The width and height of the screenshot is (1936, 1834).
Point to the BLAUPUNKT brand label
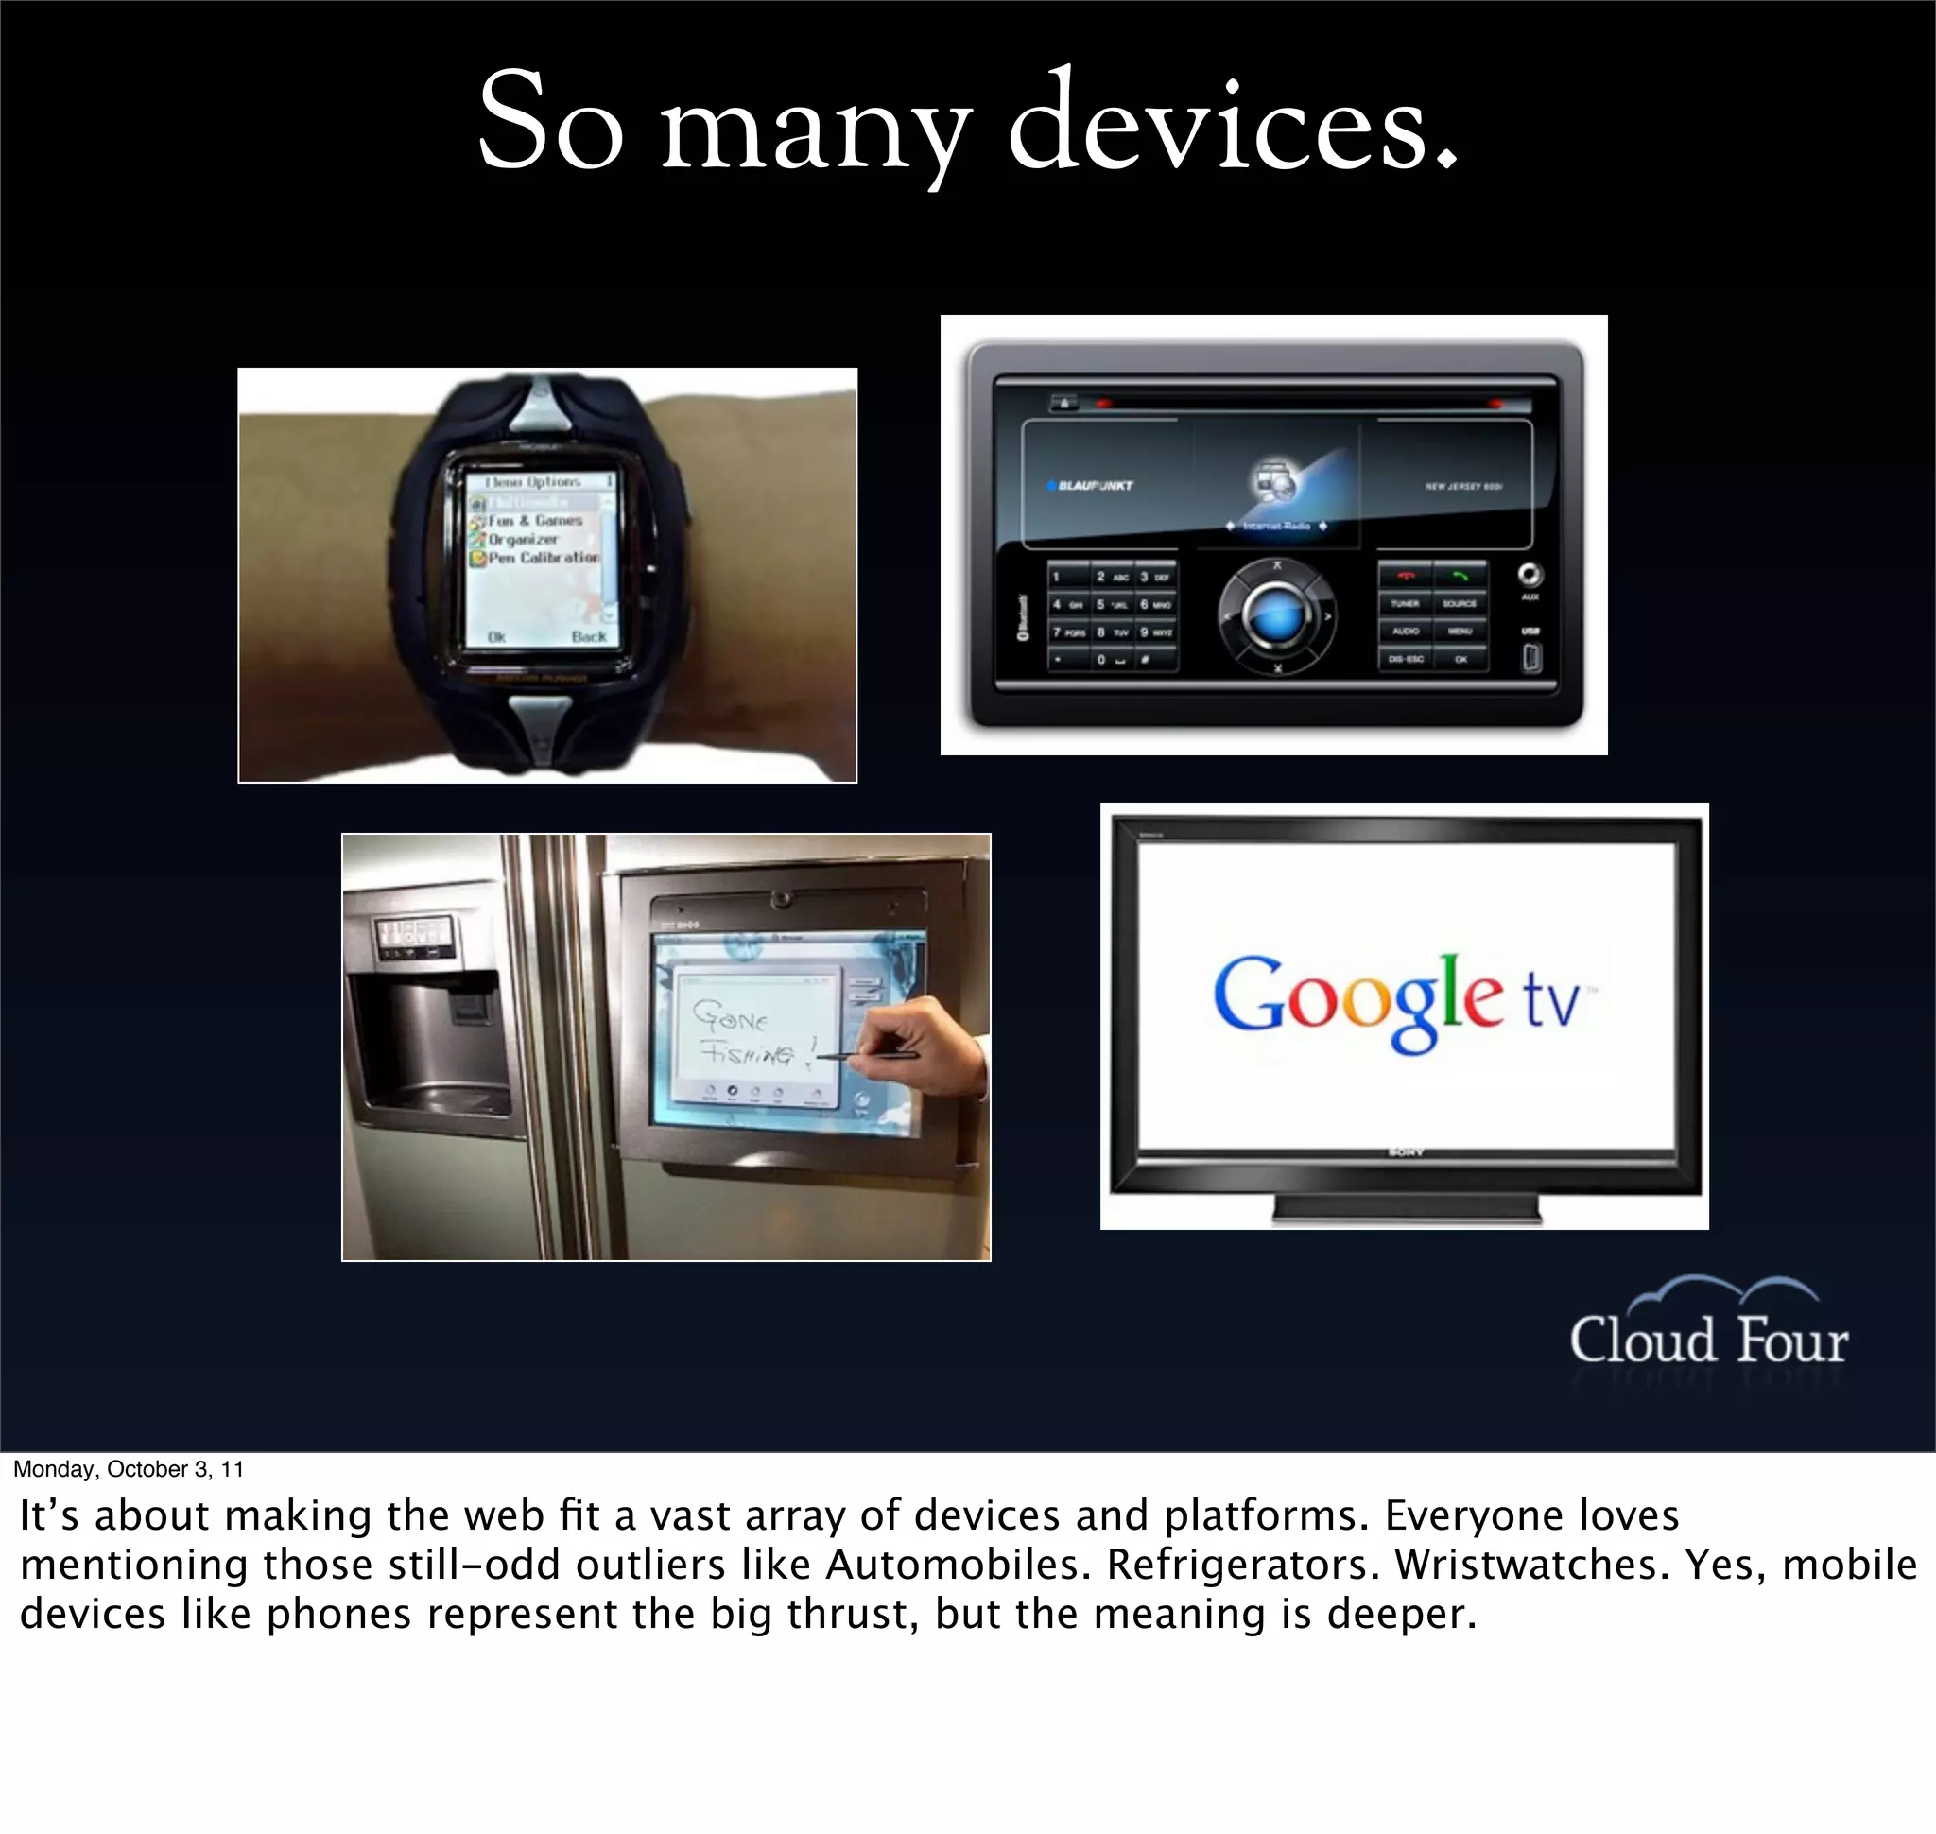(x=1093, y=485)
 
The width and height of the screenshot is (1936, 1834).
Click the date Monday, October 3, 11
(x=128, y=1469)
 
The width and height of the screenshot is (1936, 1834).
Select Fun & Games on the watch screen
(x=535, y=520)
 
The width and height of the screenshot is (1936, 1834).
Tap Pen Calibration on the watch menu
(x=543, y=557)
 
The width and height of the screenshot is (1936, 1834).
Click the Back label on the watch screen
(x=589, y=636)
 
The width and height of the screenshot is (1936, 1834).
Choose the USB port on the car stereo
(x=1531, y=658)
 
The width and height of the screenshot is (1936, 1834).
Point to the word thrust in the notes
(x=852, y=1614)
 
